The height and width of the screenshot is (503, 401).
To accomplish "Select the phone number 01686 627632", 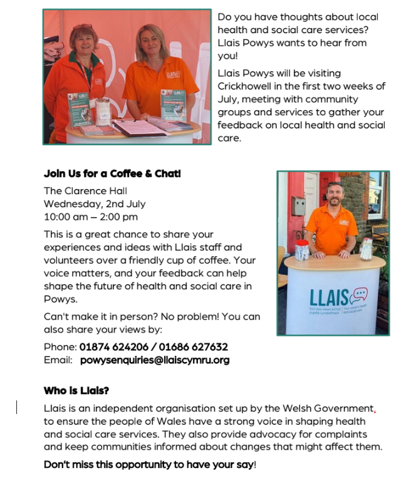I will (194, 347).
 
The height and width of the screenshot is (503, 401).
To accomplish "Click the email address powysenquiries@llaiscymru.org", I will (155, 360).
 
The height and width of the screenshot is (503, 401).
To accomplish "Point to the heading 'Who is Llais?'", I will (76, 391).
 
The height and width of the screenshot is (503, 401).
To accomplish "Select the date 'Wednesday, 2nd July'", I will (94, 204).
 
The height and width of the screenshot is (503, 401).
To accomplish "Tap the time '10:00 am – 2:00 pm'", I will (90, 217).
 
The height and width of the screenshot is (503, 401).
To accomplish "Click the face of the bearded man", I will (335, 195).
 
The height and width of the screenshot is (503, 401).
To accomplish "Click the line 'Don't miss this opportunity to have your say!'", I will (150, 465).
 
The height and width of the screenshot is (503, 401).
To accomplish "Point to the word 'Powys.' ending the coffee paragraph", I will (60, 299).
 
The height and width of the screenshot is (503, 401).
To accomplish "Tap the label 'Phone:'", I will (60, 347).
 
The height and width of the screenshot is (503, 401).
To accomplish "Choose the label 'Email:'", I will (58, 360).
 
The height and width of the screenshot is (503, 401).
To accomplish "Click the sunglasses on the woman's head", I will (82, 27).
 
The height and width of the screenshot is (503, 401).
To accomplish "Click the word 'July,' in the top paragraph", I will (228, 99).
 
